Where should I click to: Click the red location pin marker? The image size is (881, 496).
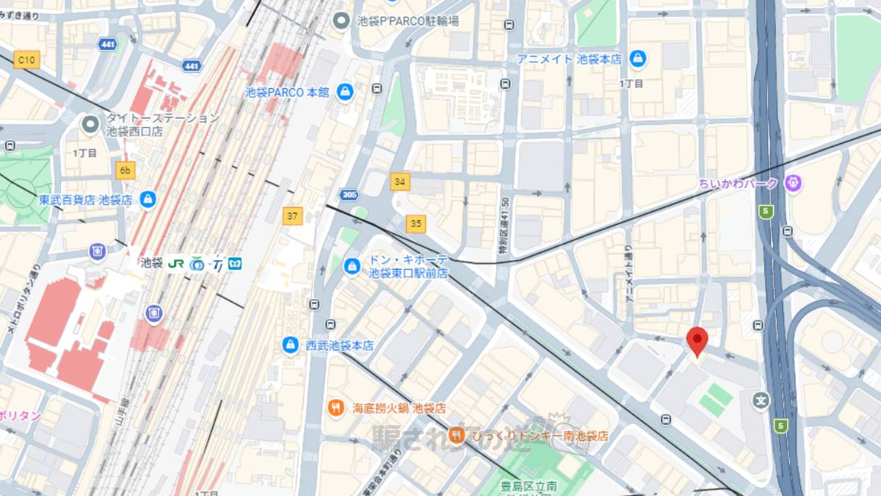[x=697, y=341]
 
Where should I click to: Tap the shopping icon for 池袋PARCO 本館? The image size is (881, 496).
[x=344, y=92]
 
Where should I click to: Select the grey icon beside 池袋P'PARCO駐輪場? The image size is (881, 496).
[x=341, y=21]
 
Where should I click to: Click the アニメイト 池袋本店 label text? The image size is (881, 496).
[x=569, y=58]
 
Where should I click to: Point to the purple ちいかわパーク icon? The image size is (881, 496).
[x=792, y=183]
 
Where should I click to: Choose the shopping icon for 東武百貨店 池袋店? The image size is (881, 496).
[x=148, y=199]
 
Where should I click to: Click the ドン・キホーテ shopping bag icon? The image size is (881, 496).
[x=352, y=265]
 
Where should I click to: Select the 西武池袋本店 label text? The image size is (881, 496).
[x=338, y=345]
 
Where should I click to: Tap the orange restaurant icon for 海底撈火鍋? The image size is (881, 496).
[x=336, y=407]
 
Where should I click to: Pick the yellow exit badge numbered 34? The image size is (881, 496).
[x=400, y=181]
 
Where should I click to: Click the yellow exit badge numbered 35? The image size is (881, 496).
[x=416, y=223]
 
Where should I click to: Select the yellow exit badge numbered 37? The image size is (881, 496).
[x=293, y=216]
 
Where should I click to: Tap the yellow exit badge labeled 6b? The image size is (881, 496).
[x=126, y=171]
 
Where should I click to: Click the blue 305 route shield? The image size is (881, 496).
[x=349, y=195]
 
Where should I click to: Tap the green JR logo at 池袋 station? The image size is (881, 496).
[x=176, y=263]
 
